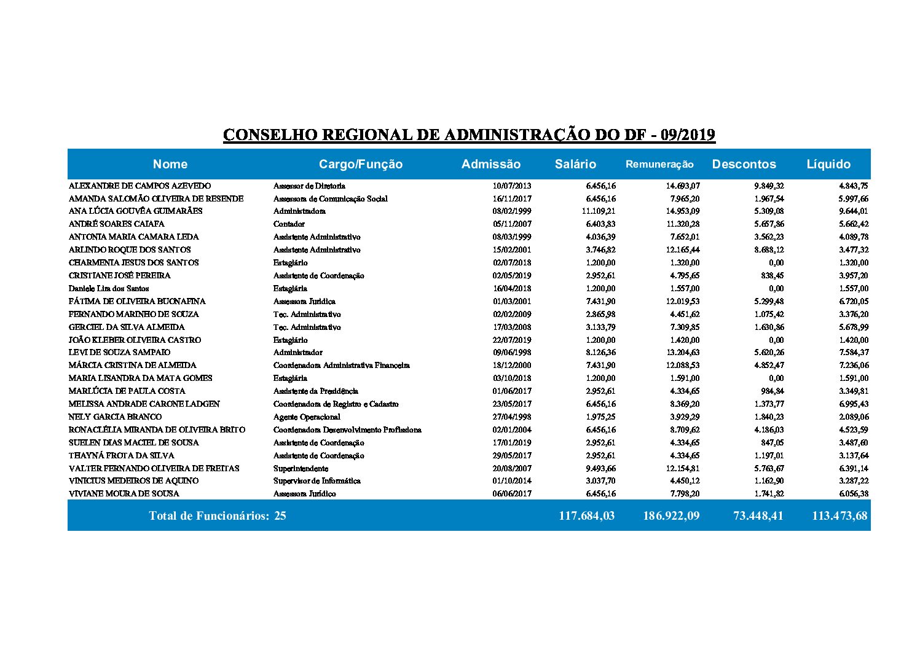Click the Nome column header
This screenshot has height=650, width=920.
[x=170, y=164]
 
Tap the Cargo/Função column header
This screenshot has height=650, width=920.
[x=361, y=164]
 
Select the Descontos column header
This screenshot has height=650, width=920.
[x=744, y=164]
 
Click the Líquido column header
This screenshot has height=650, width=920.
[x=828, y=164]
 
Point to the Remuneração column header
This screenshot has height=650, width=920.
[x=659, y=164]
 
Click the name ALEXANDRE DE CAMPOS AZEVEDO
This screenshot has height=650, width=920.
[x=140, y=186]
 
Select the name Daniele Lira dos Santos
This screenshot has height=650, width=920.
[x=109, y=288]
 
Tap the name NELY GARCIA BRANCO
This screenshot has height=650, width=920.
[x=106, y=417]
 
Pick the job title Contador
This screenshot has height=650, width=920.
[x=289, y=224]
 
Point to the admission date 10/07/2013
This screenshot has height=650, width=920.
[x=512, y=186]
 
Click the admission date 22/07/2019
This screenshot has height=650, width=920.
[x=512, y=340]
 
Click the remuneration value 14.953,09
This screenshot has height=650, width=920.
[x=680, y=211]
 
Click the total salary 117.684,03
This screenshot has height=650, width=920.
[x=586, y=515]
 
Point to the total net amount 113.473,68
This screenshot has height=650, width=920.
[x=839, y=515]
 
